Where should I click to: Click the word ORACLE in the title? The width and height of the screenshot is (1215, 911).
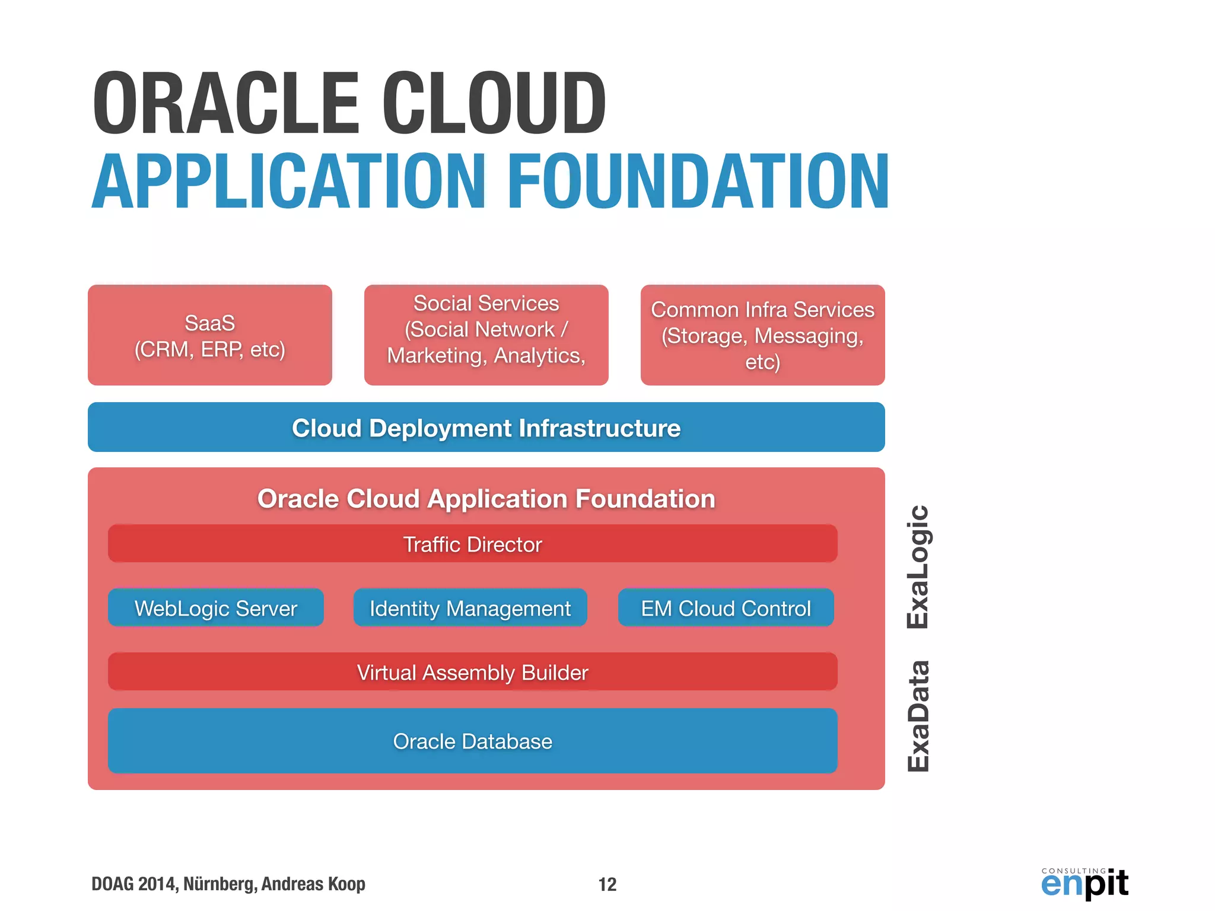click(x=225, y=104)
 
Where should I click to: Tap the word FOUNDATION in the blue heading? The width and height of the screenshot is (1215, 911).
click(x=698, y=181)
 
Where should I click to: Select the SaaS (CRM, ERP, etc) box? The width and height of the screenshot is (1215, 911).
click(x=209, y=336)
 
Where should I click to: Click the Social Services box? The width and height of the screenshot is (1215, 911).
click(x=486, y=335)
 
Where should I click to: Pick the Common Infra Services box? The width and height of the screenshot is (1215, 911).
click(x=762, y=336)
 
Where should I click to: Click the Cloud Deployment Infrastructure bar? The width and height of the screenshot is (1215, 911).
click(x=486, y=428)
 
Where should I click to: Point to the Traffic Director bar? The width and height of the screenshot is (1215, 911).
click(x=472, y=544)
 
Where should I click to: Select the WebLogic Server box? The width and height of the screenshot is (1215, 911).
click(x=215, y=608)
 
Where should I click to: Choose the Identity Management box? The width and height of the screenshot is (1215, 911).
click(x=470, y=608)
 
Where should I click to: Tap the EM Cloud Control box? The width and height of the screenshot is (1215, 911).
click(x=726, y=608)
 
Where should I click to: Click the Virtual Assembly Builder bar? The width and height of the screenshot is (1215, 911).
click(x=472, y=672)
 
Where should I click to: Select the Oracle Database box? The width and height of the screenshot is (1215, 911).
click(x=472, y=741)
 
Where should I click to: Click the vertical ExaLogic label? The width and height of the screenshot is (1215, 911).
click(x=918, y=566)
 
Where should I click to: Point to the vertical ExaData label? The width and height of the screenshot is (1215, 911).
click(x=918, y=715)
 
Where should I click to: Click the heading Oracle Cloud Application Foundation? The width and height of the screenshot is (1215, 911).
click(x=486, y=498)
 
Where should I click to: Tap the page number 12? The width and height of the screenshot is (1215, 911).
click(x=607, y=884)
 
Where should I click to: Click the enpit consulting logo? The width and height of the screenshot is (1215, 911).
click(x=1084, y=884)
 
